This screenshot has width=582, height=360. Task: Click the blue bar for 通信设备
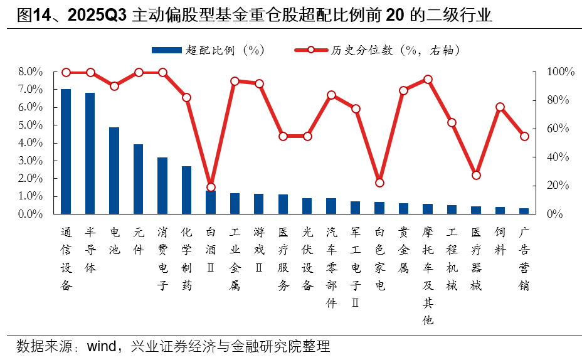[x=66, y=152]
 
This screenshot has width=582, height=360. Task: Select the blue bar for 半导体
[x=90, y=154]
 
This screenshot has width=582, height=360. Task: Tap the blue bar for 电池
[x=114, y=171]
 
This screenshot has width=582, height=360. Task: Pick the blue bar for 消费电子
[x=162, y=186]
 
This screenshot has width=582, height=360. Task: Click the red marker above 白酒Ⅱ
[x=211, y=187]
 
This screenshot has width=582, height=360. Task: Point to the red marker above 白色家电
[x=379, y=183]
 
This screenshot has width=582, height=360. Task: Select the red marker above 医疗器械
[x=476, y=175]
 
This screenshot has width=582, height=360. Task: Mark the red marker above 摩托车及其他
[x=428, y=80]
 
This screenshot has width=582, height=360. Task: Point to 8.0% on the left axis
[x=31, y=72]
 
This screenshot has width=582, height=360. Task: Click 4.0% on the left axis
[x=31, y=143]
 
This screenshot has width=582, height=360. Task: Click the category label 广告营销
[x=524, y=259]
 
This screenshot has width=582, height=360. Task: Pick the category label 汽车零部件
[x=331, y=267]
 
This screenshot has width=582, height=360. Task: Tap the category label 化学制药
[x=186, y=259]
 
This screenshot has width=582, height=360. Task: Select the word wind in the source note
[x=105, y=346]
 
